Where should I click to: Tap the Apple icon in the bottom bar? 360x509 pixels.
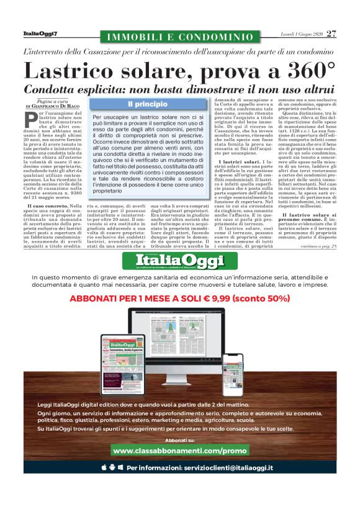[103, 467]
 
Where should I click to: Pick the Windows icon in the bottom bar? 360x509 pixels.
[120, 467]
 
